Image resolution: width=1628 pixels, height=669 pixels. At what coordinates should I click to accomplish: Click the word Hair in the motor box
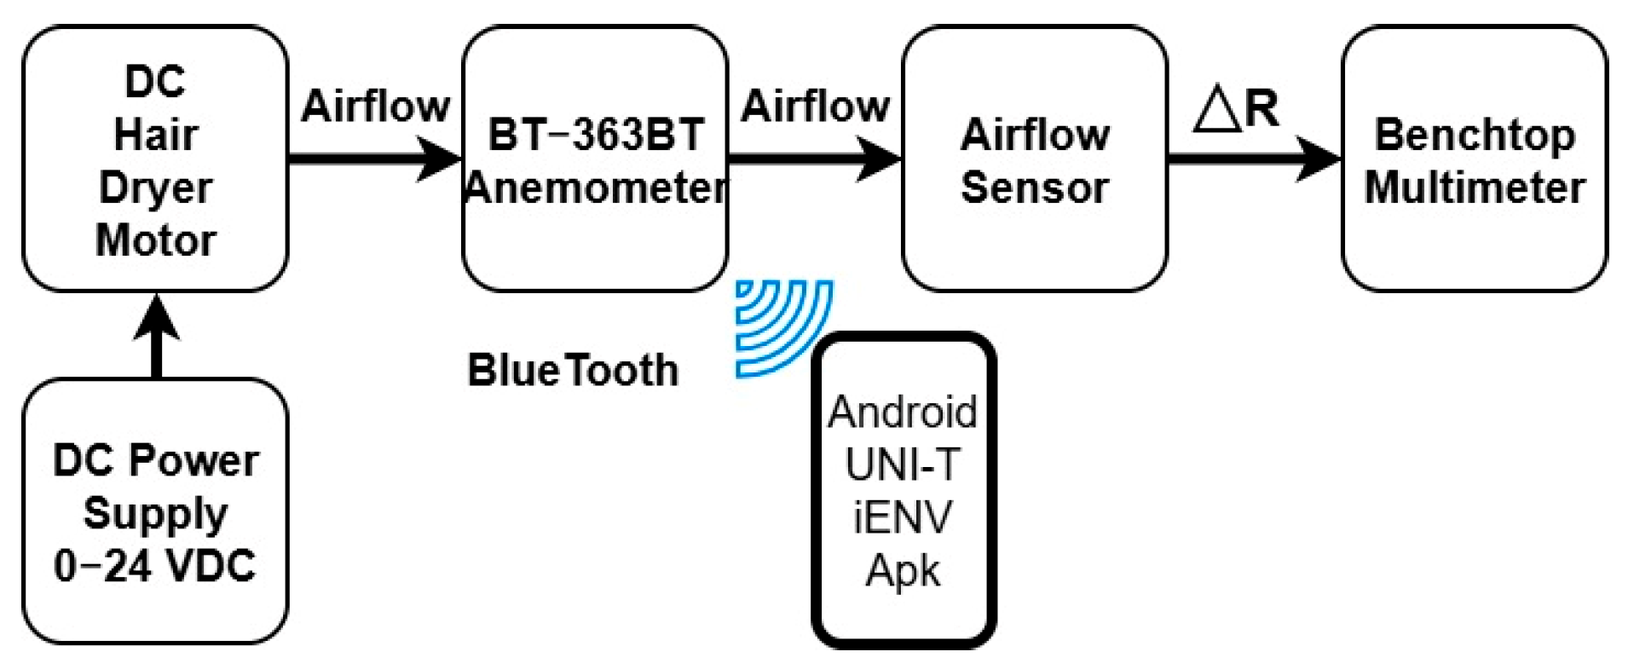pyautogui.click(x=155, y=135)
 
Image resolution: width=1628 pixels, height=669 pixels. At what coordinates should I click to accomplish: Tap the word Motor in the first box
pyautogui.click(x=155, y=239)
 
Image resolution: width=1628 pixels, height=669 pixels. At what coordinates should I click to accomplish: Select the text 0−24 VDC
pyautogui.click(x=154, y=565)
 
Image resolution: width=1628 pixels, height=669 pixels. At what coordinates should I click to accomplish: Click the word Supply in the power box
pyautogui.click(x=155, y=513)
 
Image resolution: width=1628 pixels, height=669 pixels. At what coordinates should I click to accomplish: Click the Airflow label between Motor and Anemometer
pyautogui.click(x=375, y=106)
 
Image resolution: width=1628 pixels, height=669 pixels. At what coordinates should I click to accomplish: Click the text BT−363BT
pyautogui.click(x=595, y=135)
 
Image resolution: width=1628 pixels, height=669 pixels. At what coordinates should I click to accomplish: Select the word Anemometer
pyautogui.click(x=595, y=187)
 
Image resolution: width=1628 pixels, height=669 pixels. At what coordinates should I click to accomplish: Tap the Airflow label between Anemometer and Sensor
pyautogui.click(x=815, y=106)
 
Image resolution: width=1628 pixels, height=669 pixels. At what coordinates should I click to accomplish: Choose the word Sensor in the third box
pyautogui.click(x=1034, y=187)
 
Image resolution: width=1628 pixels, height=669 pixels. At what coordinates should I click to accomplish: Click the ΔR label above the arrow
pyautogui.click(x=1235, y=108)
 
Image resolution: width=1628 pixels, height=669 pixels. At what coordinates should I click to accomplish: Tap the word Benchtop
pyautogui.click(x=1474, y=135)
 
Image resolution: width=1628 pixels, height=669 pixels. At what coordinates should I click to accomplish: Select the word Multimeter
pyautogui.click(x=1474, y=187)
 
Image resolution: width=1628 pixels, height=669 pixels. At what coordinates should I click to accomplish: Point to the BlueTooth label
pyautogui.click(x=573, y=371)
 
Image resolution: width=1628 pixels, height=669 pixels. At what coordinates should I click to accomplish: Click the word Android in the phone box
pyautogui.click(x=903, y=412)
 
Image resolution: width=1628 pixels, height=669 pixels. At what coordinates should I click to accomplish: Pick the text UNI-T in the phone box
pyautogui.click(x=903, y=464)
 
